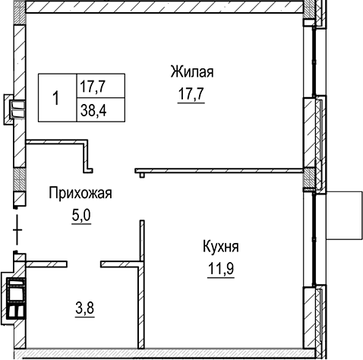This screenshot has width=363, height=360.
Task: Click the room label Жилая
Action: (191, 73)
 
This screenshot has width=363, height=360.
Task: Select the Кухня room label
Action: (221, 247)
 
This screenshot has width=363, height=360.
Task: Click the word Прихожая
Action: (80, 194)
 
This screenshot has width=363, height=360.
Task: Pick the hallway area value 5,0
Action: (80, 215)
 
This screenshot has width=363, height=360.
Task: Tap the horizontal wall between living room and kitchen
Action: (220, 170)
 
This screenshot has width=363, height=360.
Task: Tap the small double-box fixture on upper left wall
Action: (15, 109)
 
